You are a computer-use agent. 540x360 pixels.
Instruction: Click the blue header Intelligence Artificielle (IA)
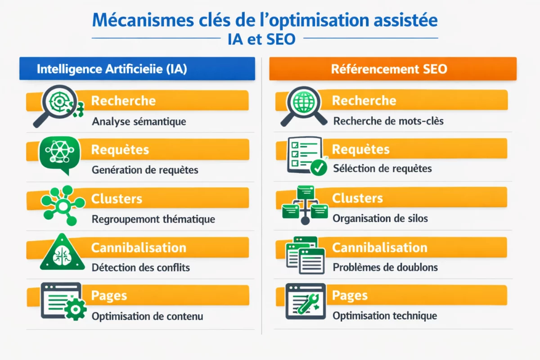point(112,69)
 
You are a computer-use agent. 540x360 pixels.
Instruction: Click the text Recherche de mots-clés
point(388,121)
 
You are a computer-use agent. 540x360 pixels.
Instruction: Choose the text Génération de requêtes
point(145,170)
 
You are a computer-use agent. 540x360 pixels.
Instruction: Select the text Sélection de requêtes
point(382,169)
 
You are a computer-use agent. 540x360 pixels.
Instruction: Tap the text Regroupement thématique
point(153,219)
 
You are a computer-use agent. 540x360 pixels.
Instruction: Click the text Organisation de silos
point(380,219)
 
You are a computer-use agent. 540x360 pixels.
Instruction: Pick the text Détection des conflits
point(140,267)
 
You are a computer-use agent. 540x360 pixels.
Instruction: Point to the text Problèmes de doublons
point(385,267)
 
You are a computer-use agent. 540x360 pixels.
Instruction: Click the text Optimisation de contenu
point(147,316)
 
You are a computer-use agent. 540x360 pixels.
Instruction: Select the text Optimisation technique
point(385,316)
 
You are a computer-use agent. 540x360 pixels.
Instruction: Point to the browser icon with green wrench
point(306,301)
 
